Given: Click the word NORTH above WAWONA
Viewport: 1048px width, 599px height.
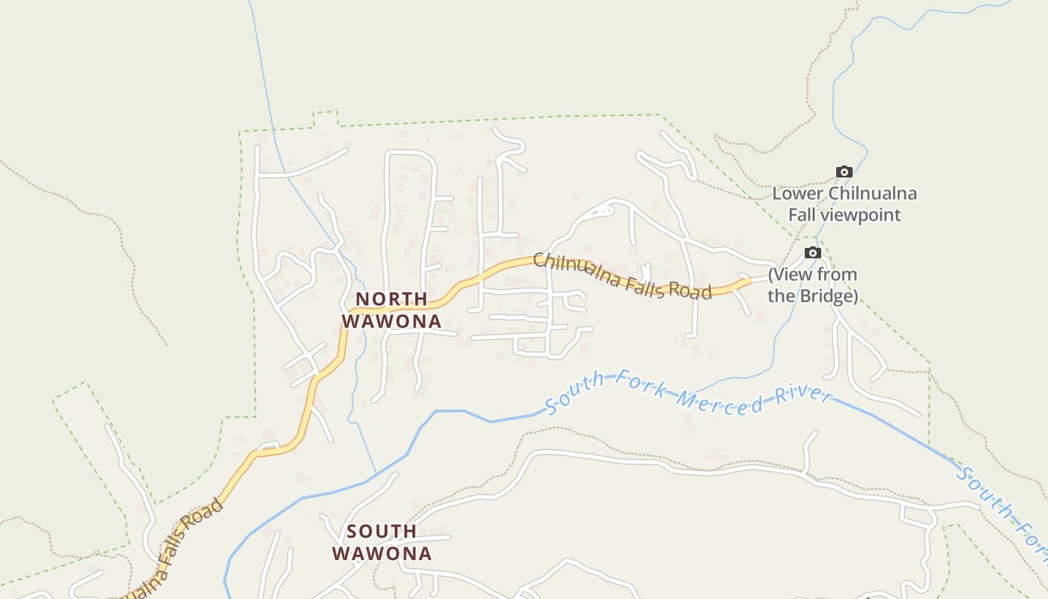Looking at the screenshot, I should pyautogui.click(x=392, y=299).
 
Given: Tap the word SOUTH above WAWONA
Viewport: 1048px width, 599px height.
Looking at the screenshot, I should pyautogui.click(x=382, y=532).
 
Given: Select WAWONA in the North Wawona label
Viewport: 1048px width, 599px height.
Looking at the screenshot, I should pyautogui.click(x=392, y=321).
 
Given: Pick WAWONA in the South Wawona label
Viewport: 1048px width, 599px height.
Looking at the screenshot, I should pyautogui.click(x=382, y=554).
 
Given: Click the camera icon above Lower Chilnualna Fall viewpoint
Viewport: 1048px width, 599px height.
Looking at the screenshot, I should pyautogui.click(x=844, y=172).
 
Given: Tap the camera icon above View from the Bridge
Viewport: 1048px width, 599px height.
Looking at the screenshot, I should pyautogui.click(x=812, y=253).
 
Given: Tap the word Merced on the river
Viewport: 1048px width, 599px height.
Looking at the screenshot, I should pyautogui.click(x=718, y=399).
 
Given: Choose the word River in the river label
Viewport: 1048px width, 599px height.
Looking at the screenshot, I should pyautogui.click(x=802, y=395).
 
